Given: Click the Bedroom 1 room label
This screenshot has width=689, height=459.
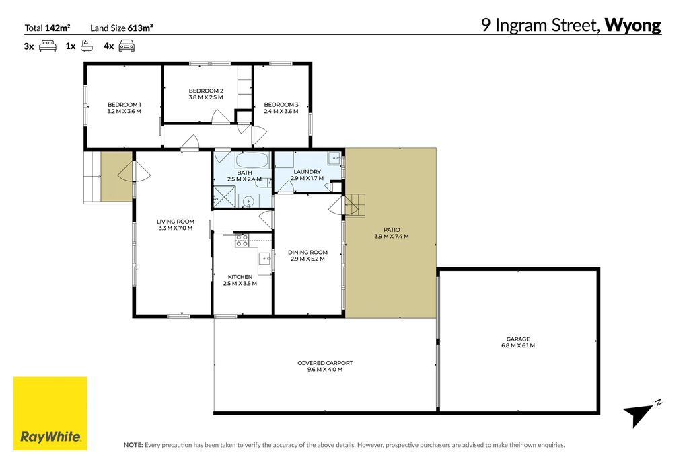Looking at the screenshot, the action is pyautogui.click(x=124, y=105).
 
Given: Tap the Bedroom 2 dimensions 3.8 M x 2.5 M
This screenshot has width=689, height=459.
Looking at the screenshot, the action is pyautogui.click(x=206, y=97).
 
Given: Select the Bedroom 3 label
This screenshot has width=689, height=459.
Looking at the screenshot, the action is pyautogui.click(x=281, y=105).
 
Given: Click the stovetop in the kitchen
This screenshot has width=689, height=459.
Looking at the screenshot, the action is pyautogui.click(x=242, y=240).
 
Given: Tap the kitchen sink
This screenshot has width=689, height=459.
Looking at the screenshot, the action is pyautogui.click(x=265, y=259).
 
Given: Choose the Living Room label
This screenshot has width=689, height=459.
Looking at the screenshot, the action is pyautogui.click(x=176, y=222).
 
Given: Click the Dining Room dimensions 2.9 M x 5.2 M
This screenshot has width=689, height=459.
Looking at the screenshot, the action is pyautogui.click(x=307, y=259).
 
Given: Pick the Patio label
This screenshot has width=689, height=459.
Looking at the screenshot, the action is pyautogui.click(x=392, y=230).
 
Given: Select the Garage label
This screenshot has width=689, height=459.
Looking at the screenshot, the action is pyautogui.click(x=518, y=339).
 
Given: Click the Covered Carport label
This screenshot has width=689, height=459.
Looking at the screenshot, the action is pyautogui.click(x=325, y=363).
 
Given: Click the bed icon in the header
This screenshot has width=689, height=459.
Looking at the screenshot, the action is pyautogui.click(x=48, y=46).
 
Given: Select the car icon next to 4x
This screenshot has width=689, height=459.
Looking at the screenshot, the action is pyautogui.click(x=126, y=46).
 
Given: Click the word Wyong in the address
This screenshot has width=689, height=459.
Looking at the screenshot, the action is pyautogui.click(x=632, y=26).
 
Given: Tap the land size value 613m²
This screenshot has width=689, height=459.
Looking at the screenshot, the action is pyautogui.click(x=140, y=28).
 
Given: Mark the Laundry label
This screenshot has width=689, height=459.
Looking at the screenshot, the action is pyautogui.click(x=307, y=172).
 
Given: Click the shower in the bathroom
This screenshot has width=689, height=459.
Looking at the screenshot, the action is pyautogui.click(x=224, y=197).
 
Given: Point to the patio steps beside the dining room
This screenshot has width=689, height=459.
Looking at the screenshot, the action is pyautogui.click(x=355, y=206).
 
